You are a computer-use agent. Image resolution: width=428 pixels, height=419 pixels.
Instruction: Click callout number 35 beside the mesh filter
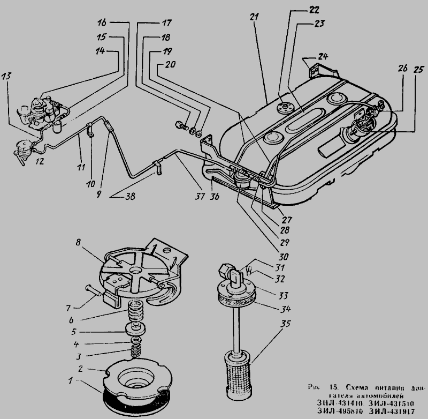tap(287, 324)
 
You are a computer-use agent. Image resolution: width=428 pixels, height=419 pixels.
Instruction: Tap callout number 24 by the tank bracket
tap(322, 56)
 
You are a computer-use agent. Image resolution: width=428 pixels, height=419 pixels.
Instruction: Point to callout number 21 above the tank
tap(253, 17)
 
